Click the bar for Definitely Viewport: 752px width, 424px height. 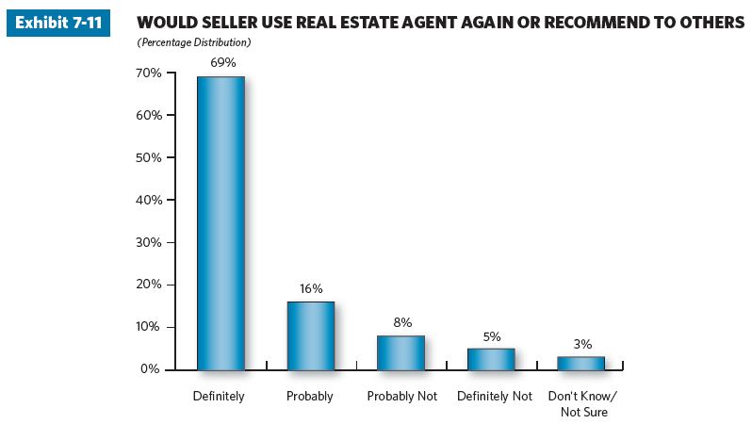[221, 222]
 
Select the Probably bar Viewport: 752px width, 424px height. [311, 335]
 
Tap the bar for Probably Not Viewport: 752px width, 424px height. [401, 352]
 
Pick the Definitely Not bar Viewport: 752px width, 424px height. [491, 359]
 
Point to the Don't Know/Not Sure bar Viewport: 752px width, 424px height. [581, 363]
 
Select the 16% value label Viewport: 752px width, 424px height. [311, 288]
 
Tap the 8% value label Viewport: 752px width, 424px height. [402, 322]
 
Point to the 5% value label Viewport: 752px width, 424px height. [492, 335]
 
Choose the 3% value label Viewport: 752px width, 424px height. [581, 344]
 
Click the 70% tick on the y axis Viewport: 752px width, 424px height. [148, 73]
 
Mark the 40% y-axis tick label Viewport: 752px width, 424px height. [148, 200]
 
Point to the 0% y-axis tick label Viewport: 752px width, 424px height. [151, 369]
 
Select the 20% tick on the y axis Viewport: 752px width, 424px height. [148, 285]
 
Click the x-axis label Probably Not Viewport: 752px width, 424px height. [402, 397]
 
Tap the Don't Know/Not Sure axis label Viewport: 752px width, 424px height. [582, 404]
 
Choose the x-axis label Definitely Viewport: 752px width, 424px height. [219, 397]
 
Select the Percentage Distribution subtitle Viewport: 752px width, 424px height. [194, 43]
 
